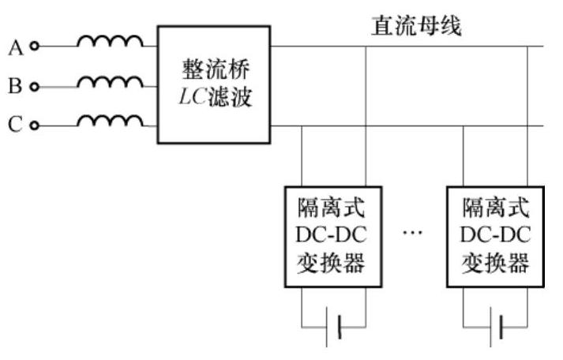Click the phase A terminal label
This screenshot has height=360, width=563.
(15, 47)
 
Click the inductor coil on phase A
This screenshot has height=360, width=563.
(111, 41)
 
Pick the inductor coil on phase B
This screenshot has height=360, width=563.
(111, 81)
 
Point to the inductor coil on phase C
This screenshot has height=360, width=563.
(111, 120)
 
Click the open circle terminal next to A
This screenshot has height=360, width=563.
(33, 47)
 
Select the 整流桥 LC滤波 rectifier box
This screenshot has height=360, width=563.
(213, 84)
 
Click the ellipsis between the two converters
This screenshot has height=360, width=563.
(414, 234)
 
